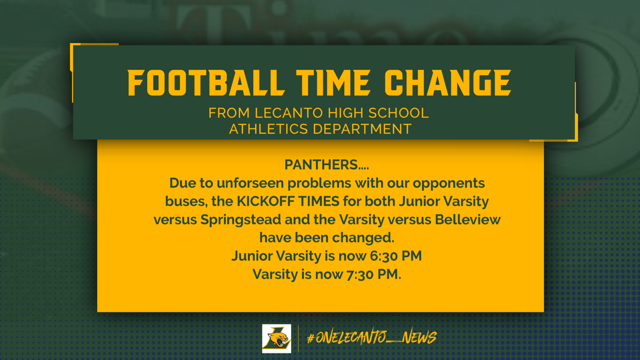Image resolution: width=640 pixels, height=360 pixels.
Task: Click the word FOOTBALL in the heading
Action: [x=206, y=83]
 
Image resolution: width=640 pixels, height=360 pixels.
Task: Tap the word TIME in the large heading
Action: [x=333, y=83]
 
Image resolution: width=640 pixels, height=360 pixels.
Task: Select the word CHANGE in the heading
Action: [x=448, y=83]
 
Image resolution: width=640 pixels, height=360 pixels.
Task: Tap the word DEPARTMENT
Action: [x=362, y=129]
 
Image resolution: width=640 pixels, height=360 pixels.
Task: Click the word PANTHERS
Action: [x=321, y=165]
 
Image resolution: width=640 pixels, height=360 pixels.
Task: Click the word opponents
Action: [x=448, y=183]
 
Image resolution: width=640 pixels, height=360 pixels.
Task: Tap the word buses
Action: [x=186, y=201]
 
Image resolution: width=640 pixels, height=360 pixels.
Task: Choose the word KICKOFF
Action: [x=266, y=201]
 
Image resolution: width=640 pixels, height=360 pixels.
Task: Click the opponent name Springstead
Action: [x=240, y=220]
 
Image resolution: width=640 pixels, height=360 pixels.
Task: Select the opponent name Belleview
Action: [x=468, y=220]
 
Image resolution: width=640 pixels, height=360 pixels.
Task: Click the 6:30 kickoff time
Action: [x=384, y=256]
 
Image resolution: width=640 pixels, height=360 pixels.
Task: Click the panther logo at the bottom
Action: [x=276, y=338]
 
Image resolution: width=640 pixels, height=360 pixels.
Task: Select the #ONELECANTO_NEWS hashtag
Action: [x=372, y=338]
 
